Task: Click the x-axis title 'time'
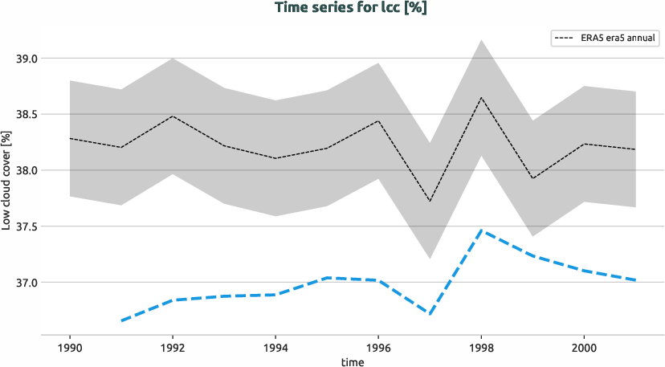tap(352, 361)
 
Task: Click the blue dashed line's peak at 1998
tap(480, 230)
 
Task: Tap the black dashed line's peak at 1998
tap(480, 98)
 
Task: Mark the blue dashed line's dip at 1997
tap(430, 314)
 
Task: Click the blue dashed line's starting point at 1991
tap(121, 321)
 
